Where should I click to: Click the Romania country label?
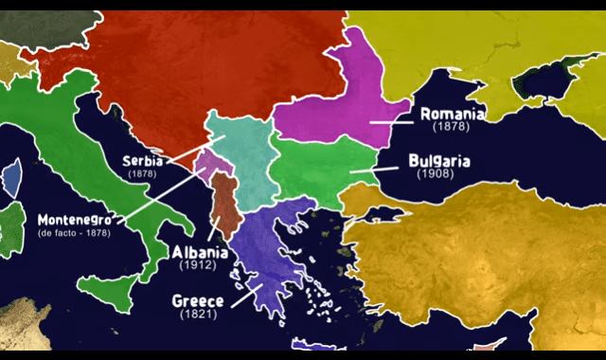453,114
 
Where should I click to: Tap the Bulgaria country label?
440,161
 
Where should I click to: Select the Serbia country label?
142,161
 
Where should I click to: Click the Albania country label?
199,252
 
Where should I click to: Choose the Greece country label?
197,300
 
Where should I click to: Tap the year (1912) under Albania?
198,265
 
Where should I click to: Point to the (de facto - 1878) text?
74,232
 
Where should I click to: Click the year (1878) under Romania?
452,126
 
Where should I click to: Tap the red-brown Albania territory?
225,204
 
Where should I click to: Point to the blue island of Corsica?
12,178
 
